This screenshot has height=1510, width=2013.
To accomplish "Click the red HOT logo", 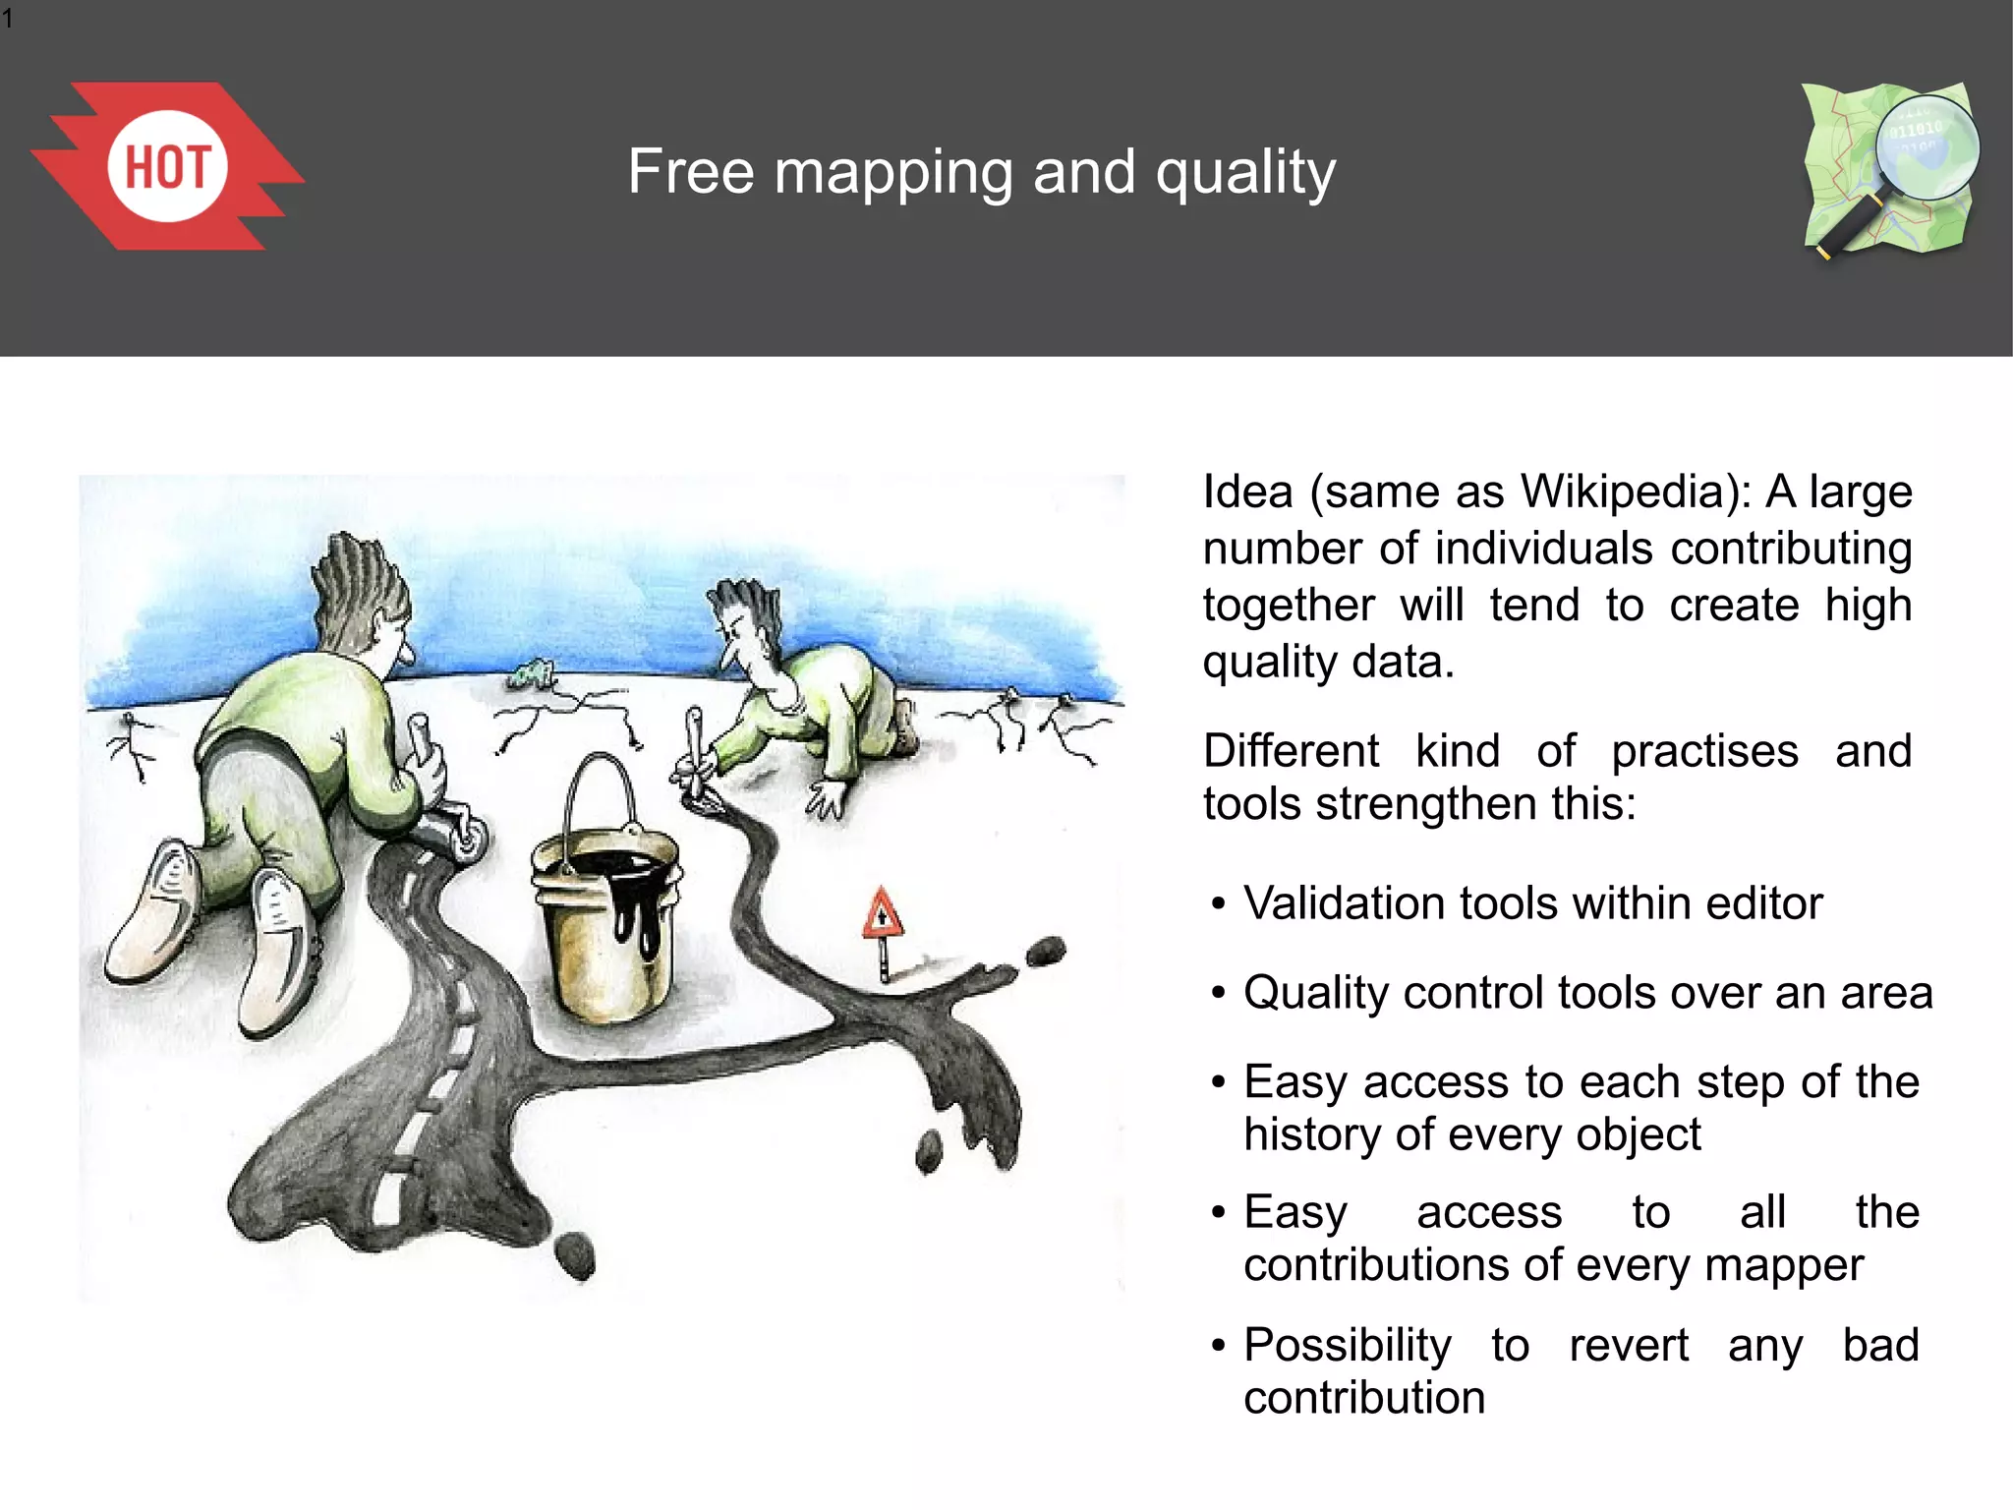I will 167,166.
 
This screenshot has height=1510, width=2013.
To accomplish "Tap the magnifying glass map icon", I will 1889,169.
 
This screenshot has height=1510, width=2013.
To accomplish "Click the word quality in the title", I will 1245,173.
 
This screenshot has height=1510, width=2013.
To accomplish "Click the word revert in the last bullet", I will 1629,1346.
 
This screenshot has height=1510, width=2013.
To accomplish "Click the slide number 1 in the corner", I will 8,18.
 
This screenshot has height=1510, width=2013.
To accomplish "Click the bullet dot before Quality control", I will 1219,993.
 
